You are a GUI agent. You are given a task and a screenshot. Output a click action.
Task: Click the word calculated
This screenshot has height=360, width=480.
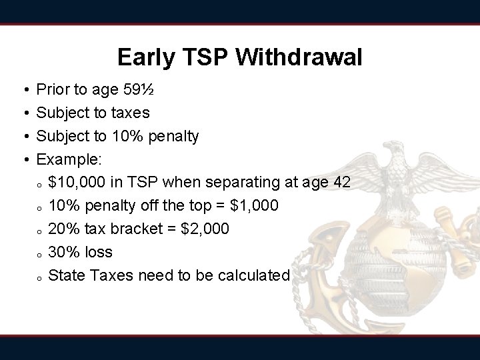point(255,275)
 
